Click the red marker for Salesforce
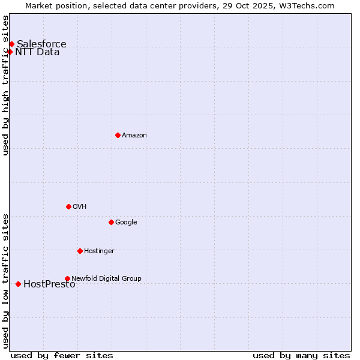(x=11, y=44)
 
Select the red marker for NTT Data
(x=10, y=52)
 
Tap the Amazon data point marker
(x=118, y=135)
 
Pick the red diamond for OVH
(x=68, y=206)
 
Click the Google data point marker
(x=111, y=222)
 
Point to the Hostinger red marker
(x=80, y=251)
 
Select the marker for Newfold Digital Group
(x=67, y=278)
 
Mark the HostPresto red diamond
(x=18, y=284)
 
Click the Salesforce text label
(x=41, y=44)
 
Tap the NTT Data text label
(x=37, y=52)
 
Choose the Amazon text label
(x=134, y=136)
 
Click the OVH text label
(x=80, y=207)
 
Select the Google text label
(x=126, y=223)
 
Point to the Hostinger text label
(x=99, y=251)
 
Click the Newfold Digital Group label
(x=106, y=278)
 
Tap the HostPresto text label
(x=49, y=284)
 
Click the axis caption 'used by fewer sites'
(x=62, y=355)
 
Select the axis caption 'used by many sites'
(x=301, y=355)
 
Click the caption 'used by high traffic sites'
(x=6, y=85)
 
